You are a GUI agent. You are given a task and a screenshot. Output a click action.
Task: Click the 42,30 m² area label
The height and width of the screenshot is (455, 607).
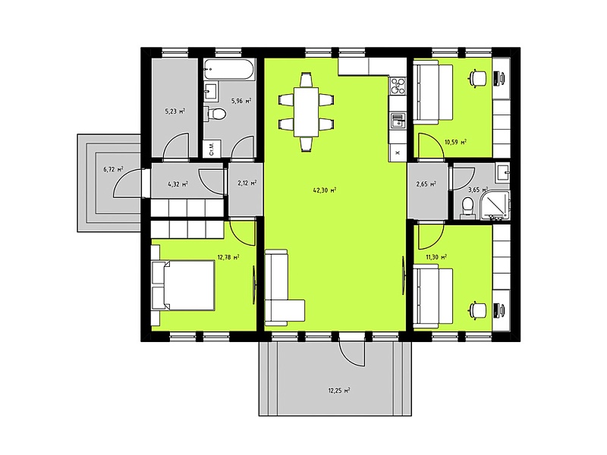325,190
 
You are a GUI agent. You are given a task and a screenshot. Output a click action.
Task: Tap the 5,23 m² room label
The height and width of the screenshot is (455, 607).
175,111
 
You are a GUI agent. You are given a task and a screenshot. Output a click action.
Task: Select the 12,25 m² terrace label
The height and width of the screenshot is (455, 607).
339,391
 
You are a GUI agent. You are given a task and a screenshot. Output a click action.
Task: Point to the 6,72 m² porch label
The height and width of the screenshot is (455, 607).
113,169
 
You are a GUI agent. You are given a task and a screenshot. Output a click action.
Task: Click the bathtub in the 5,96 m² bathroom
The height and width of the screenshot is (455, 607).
229,69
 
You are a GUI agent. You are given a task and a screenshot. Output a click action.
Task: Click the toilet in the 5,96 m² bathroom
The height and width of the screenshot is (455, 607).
216,114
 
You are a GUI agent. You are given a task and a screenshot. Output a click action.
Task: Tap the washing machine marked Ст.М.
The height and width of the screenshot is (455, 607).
212,149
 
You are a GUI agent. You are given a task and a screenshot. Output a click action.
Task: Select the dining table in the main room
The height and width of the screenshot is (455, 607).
307,111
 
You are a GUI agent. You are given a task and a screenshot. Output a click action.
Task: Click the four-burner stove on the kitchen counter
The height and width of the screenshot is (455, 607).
397,86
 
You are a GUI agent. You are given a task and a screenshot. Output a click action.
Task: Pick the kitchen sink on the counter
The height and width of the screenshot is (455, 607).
398,121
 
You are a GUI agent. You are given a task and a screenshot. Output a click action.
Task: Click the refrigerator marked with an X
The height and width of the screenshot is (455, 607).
397,152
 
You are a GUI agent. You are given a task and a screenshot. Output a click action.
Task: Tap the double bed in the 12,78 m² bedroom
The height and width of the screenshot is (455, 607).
183,285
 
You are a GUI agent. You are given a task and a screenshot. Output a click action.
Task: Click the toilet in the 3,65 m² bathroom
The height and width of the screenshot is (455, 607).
467,207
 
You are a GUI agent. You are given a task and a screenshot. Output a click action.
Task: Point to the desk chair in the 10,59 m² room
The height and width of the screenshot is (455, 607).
478,78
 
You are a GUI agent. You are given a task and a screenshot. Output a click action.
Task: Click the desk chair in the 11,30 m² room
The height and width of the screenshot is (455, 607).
478,311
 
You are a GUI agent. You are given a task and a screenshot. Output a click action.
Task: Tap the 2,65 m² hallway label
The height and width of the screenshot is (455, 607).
426,184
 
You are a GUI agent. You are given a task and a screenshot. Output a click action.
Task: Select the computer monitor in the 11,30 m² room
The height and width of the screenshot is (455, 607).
499,311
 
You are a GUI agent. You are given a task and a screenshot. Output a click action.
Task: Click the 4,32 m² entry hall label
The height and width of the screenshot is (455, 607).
178,184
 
